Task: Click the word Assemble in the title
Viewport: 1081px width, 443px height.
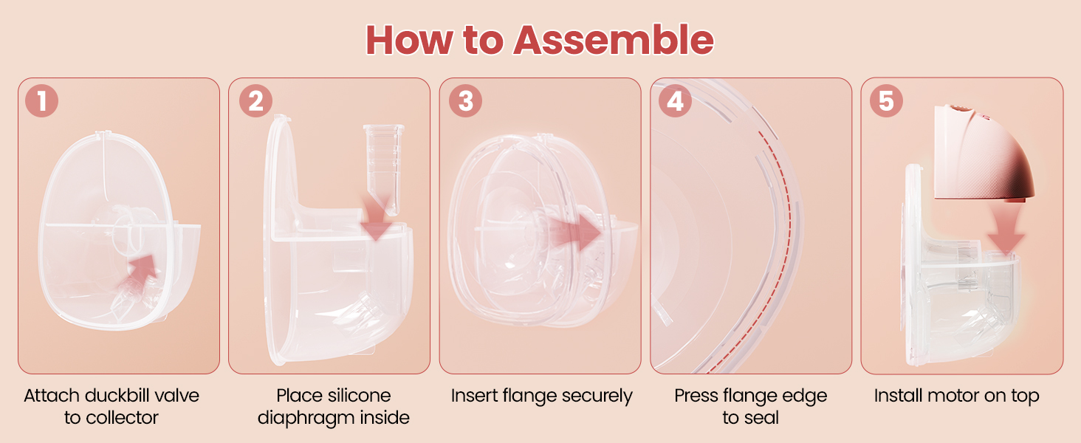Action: coord(613,40)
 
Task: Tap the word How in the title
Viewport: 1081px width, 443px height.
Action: coord(409,40)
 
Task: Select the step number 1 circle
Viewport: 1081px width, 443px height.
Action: coord(41,101)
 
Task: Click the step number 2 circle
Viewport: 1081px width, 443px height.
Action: coord(255,101)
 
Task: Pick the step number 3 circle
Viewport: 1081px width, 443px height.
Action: coord(465,101)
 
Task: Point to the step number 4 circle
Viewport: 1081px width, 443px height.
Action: coord(675,101)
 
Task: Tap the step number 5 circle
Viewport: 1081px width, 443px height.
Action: coord(886,101)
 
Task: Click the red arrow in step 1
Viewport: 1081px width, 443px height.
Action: coord(144,271)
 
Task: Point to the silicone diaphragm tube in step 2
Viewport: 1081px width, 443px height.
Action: coord(384,169)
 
